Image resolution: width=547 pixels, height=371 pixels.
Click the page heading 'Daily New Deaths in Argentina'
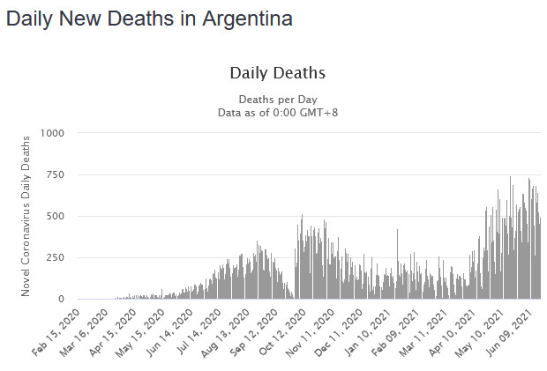(149, 18)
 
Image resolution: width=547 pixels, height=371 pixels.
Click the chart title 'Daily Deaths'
(278, 72)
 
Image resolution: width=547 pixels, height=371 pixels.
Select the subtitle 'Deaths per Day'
(278, 99)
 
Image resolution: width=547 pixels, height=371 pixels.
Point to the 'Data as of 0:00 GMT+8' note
(278, 112)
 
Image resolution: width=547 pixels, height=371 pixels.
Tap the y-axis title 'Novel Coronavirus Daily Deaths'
(26, 216)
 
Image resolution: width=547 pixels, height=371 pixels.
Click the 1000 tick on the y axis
(52, 133)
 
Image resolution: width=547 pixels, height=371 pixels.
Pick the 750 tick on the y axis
(55, 174)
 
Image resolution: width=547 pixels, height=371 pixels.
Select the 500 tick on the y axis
(55, 216)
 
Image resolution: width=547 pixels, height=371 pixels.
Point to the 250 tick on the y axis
(55, 258)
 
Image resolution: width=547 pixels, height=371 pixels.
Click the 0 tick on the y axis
(61, 300)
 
